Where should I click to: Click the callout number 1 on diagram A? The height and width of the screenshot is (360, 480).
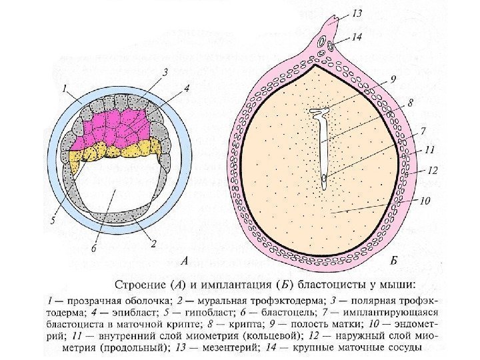[64, 87]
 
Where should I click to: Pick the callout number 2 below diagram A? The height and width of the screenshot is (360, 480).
[154, 244]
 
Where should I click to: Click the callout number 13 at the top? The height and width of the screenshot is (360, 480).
[357, 13]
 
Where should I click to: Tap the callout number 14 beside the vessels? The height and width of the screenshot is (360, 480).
[357, 37]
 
